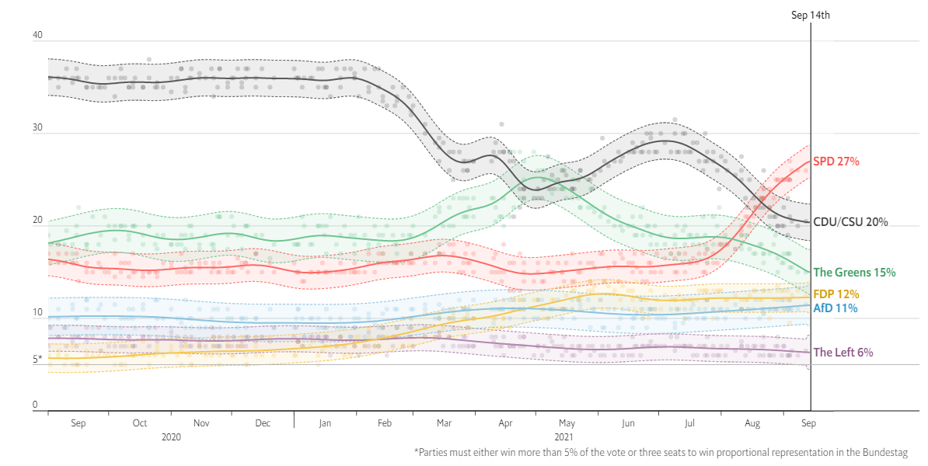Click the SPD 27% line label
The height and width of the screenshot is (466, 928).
(x=836, y=162)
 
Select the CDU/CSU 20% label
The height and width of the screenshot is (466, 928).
(x=850, y=222)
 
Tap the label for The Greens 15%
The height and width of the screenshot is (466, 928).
(x=854, y=273)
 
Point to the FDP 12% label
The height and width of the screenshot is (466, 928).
(x=836, y=294)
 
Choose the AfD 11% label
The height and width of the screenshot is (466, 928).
(x=835, y=308)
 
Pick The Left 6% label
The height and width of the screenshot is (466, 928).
(x=843, y=353)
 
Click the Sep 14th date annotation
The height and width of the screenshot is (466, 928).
(x=811, y=16)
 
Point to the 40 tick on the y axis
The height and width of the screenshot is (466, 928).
(x=36, y=36)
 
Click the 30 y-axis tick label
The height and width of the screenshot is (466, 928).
(x=36, y=128)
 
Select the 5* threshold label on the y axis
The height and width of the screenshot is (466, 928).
(x=37, y=360)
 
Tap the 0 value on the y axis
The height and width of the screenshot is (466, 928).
(x=35, y=405)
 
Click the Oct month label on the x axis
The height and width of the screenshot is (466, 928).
(x=140, y=423)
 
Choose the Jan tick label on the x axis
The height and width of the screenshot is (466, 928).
(x=325, y=423)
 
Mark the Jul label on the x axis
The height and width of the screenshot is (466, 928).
(x=689, y=423)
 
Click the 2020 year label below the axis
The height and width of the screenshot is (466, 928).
(x=171, y=437)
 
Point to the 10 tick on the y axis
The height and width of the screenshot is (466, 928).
(x=36, y=313)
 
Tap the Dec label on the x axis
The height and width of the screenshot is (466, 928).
(x=263, y=423)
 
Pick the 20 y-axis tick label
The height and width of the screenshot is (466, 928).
(x=36, y=221)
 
